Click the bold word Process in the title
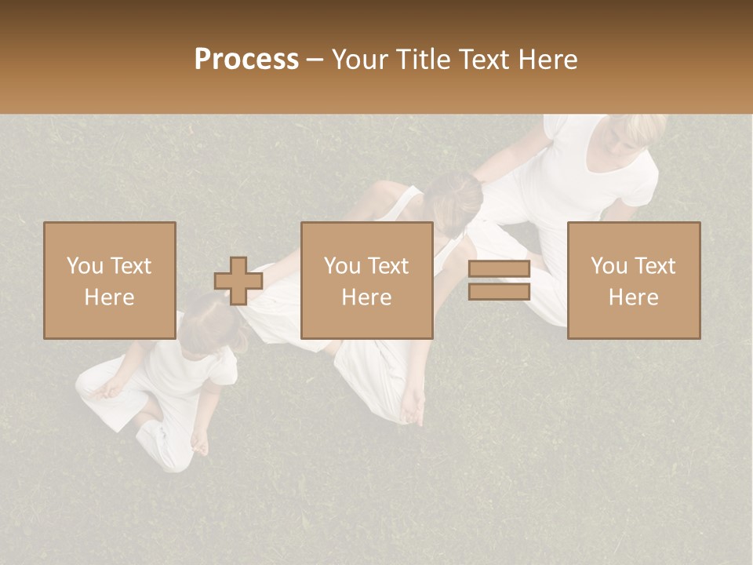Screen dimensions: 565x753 pos(246,60)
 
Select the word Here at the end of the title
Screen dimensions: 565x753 pos(547,60)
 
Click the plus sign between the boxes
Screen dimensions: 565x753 pos(238,281)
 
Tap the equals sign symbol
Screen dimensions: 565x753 pos(499,281)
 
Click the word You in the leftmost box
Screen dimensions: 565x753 pos(84,266)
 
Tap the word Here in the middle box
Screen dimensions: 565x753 pos(367,297)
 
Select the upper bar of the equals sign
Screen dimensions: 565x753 pos(499,270)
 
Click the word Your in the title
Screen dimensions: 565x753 pos(358,60)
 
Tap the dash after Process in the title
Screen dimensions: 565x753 pos(315,60)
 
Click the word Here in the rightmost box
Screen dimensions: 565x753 pos(634,297)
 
